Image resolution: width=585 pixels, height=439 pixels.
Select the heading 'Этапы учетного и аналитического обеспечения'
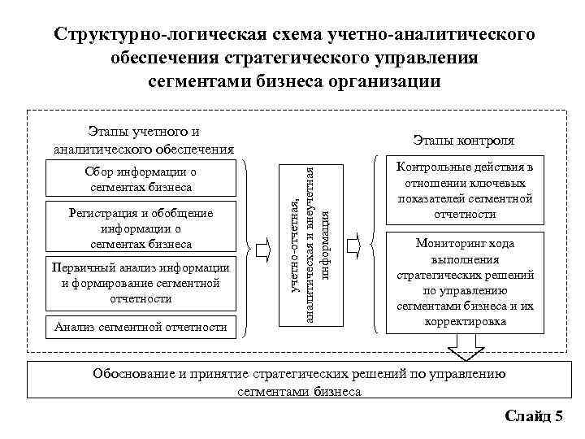tap(144, 140)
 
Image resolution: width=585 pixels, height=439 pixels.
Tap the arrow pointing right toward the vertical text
tap(266, 247)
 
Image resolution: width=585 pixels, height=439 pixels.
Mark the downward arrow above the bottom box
tap(464, 350)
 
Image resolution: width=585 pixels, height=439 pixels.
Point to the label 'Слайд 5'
tap(534, 416)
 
